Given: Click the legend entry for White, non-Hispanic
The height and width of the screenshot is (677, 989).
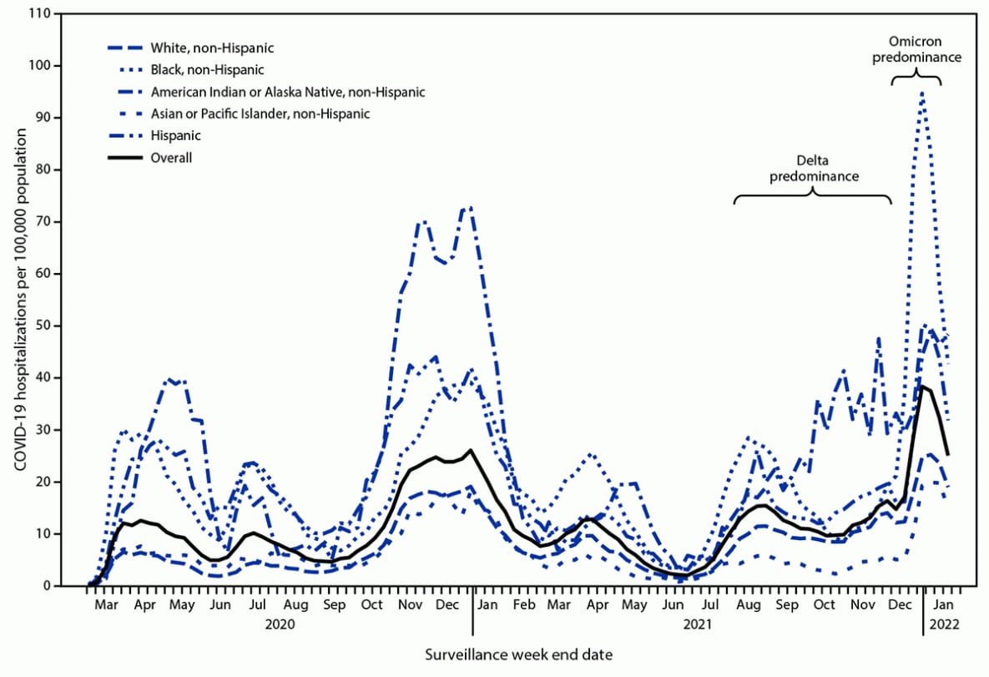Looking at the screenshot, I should [x=212, y=48].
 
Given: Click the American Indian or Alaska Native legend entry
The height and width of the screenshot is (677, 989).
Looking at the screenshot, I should [x=288, y=91].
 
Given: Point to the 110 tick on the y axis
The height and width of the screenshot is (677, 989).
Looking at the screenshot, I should [x=38, y=14].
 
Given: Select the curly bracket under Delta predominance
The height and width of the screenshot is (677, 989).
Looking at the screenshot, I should [x=812, y=197].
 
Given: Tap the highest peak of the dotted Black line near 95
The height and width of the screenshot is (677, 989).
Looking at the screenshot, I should [x=921, y=93].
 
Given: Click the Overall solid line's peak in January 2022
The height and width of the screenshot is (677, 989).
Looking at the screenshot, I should [x=922, y=386].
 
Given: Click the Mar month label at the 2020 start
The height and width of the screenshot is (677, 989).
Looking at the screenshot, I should [x=105, y=604].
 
